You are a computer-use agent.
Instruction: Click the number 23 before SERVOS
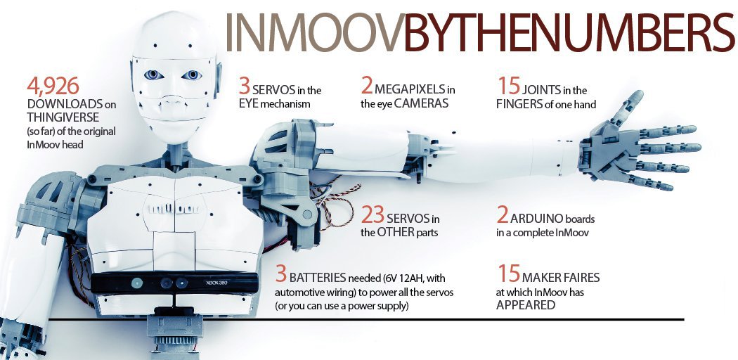pyautogui.click(x=373, y=214)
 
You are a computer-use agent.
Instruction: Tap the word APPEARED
pyautogui.click(x=526, y=304)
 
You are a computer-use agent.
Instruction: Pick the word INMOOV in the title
pyautogui.click(x=313, y=32)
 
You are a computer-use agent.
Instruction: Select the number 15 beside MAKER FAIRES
pyautogui.click(x=507, y=272)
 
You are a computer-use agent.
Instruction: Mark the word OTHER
pyautogui.click(x=397, y=233)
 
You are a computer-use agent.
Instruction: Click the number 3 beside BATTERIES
pyautogui.click(x=281, y=273)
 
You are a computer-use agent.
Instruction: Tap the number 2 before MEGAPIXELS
pyautogui.click(x=366, y=86)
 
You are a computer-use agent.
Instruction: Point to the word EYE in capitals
pyautogui.click(x=250, y=105)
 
